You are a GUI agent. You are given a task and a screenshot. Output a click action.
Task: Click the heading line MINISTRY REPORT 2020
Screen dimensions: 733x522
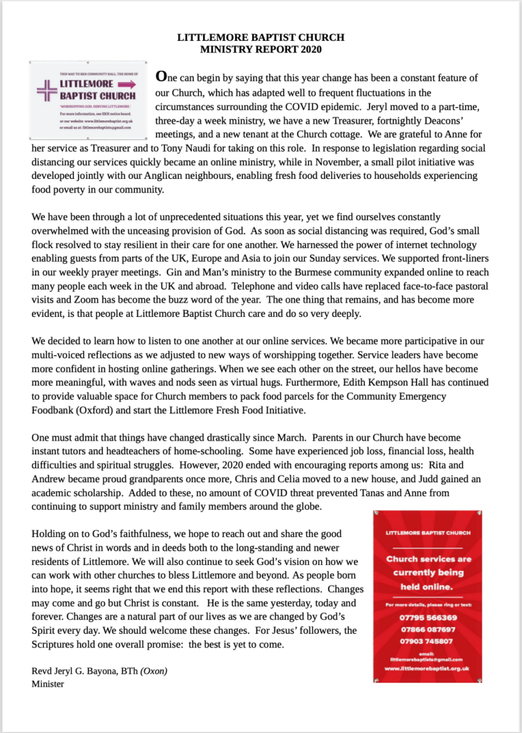tap(261, 49)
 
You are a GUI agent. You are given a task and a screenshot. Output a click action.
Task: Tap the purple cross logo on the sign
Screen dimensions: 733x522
tap(47, 90)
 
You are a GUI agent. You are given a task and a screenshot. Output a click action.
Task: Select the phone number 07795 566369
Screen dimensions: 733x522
tap(428, 618)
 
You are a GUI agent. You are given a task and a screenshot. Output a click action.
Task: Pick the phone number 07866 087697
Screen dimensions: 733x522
tap(428, 630)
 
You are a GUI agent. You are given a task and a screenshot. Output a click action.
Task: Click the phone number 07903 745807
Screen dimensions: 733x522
tap(428, 642)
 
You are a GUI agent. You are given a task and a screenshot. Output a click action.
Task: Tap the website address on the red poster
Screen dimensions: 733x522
tap(428, 669)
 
